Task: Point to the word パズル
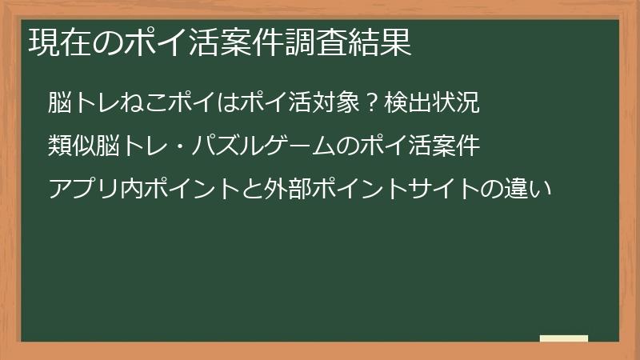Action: (x=229, y=146)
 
